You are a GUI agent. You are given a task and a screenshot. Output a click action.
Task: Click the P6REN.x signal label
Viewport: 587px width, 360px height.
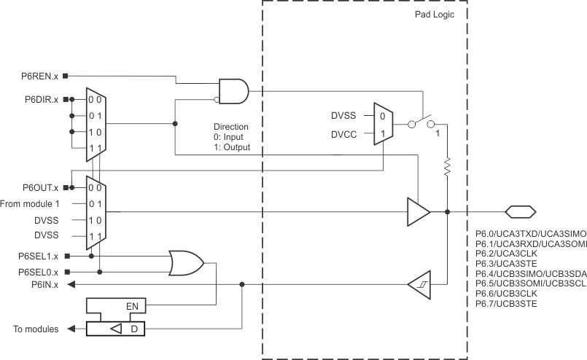(x=41, y=75)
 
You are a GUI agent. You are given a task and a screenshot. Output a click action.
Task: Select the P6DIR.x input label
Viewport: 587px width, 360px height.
(x=42, y=99)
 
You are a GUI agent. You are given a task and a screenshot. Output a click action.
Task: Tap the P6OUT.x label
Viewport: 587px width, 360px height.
(x=42, y=187)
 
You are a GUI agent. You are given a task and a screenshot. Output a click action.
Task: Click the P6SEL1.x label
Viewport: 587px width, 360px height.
(x=39, y=256)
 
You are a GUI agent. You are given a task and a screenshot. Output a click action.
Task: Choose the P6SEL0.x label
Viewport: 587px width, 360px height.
(x=39, y=271)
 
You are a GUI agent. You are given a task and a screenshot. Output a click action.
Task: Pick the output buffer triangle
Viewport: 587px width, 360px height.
(x=418, y=211)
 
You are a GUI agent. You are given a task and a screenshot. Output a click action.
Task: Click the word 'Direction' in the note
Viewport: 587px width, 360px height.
(x=231, y=126)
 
